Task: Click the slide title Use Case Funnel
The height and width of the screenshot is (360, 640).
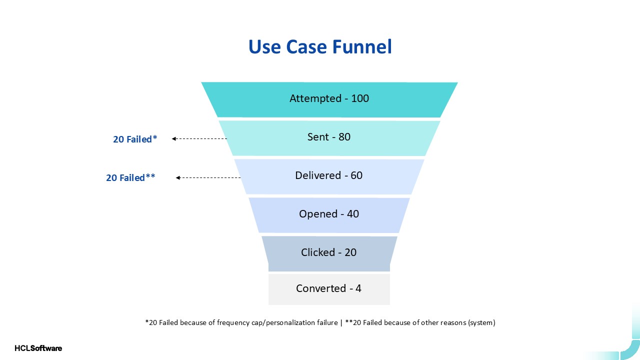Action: click(320, 47)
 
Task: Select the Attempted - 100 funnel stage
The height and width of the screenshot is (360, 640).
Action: click(329, 99)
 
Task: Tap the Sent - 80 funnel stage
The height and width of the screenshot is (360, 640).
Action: click(329, 137)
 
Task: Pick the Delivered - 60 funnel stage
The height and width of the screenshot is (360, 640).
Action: click(329, 176)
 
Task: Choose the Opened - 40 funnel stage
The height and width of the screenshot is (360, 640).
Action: click(329, 214)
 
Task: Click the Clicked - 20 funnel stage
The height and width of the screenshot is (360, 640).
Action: click(329, 252)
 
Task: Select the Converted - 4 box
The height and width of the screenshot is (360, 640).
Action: click(329, 289)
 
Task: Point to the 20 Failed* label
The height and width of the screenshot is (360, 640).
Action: click(135, 139)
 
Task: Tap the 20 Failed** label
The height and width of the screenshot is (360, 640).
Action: click(130, 177)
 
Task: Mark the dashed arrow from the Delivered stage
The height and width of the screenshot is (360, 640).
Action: click(208, 177)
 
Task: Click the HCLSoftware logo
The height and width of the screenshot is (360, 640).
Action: click(38, 348)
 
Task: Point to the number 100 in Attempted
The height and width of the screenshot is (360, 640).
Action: click(360, 98)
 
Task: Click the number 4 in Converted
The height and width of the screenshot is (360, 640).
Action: click(358, 288)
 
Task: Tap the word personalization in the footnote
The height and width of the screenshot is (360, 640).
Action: click(301, 322)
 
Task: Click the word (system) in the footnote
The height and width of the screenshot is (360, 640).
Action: click(481, 322)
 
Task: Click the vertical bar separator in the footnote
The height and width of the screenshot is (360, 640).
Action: click(341, 322)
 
